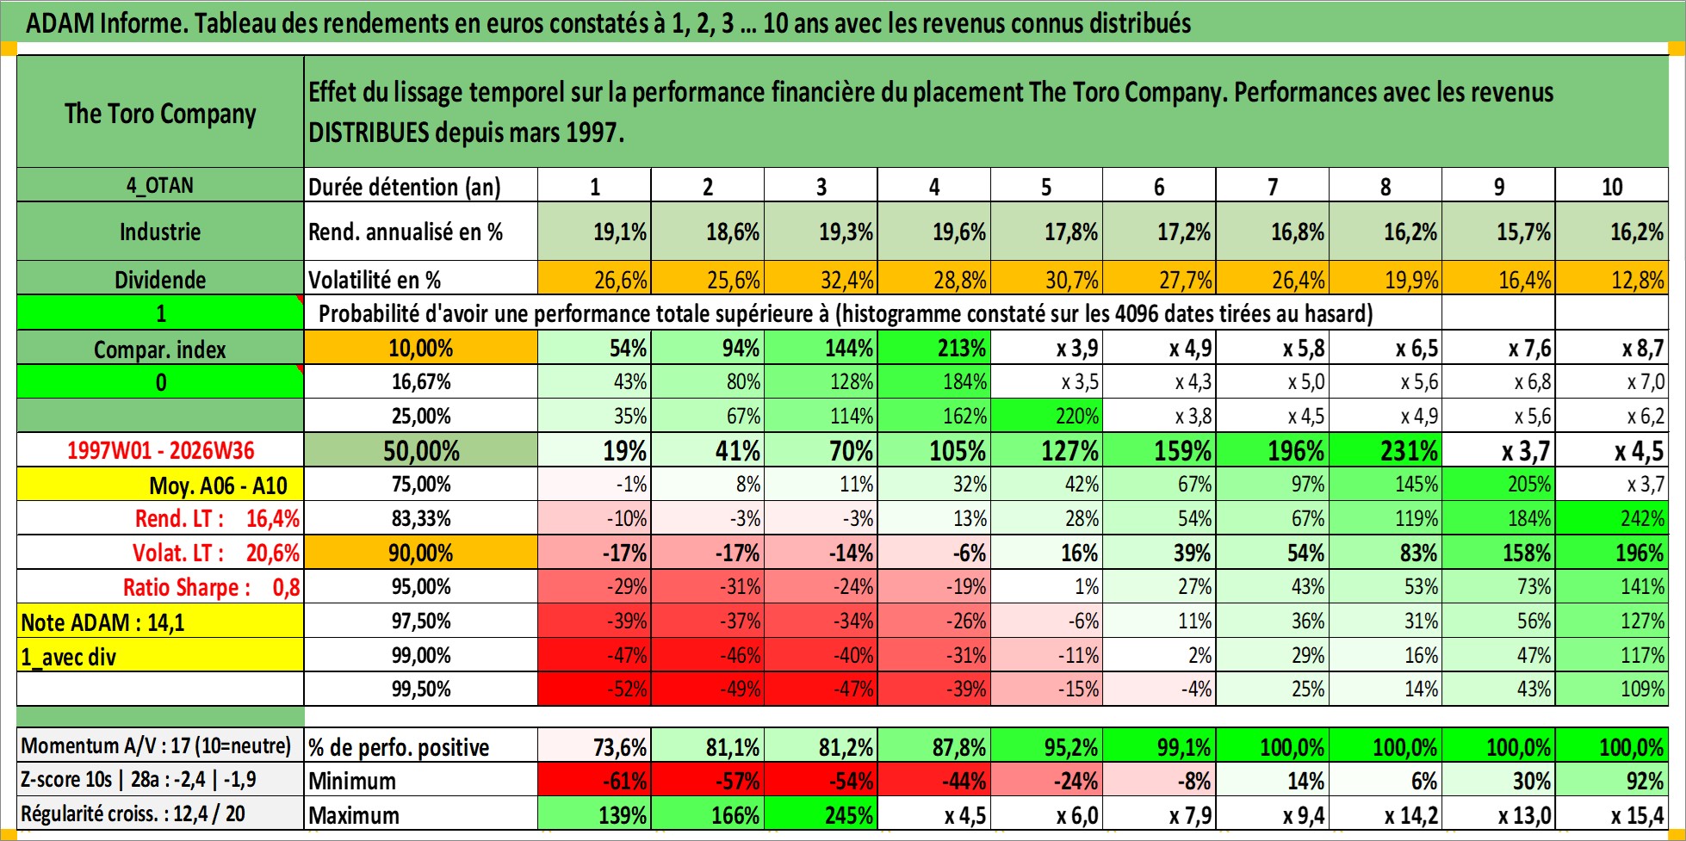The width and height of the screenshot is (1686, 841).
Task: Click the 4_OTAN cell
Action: click(160, 185)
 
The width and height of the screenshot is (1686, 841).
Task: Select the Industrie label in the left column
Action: click(160, 232)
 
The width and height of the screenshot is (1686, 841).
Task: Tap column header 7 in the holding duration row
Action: click(1272, 186)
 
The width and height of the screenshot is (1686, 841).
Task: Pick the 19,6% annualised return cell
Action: click(934, 232)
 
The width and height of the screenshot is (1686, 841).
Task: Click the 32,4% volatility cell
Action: click(821, 279)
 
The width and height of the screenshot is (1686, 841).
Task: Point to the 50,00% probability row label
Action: click(421, 450)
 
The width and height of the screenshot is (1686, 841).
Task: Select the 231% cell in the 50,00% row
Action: click(1385, 450)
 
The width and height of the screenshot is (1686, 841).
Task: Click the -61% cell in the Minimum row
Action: click(594, 781)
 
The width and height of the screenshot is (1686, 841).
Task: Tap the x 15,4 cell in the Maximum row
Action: click(1612, 814)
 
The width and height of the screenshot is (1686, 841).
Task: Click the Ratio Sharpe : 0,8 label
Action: click(211, 587)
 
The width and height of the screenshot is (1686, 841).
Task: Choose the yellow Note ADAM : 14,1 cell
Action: click(160, 621)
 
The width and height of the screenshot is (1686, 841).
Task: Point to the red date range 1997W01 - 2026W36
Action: click(160, 450)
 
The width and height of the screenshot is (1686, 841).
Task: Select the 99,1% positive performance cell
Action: click(1159, 746)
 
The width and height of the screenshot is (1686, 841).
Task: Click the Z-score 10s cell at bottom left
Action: click(160, 780)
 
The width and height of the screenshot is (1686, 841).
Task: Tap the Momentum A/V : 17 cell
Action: click(160, 745)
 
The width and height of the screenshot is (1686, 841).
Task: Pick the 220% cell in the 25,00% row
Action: click(1046, 416)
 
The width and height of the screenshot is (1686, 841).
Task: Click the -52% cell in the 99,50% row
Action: click(594, 689)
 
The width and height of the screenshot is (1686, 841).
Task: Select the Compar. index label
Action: click(160, 349)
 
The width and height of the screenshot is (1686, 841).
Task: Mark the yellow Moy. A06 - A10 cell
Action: click(160, 485)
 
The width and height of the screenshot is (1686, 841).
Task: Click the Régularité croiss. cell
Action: click(160, 813)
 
